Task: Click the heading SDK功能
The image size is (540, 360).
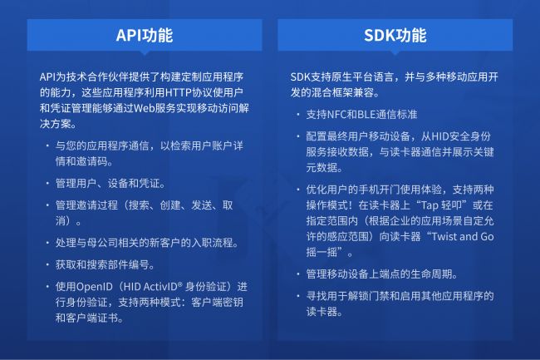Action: click(395, 35)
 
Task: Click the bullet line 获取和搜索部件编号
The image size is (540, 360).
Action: click(107, 264)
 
